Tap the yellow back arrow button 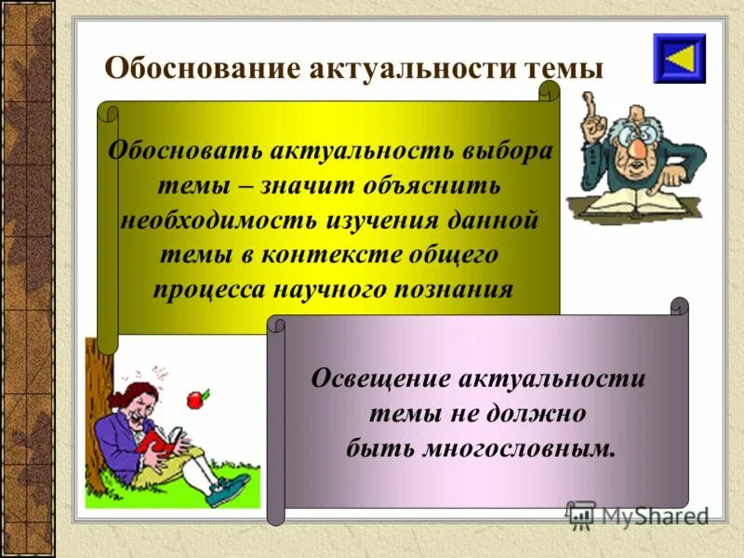point(679,59)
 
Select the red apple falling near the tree point(195,400)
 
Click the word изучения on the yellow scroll point(374,220)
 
